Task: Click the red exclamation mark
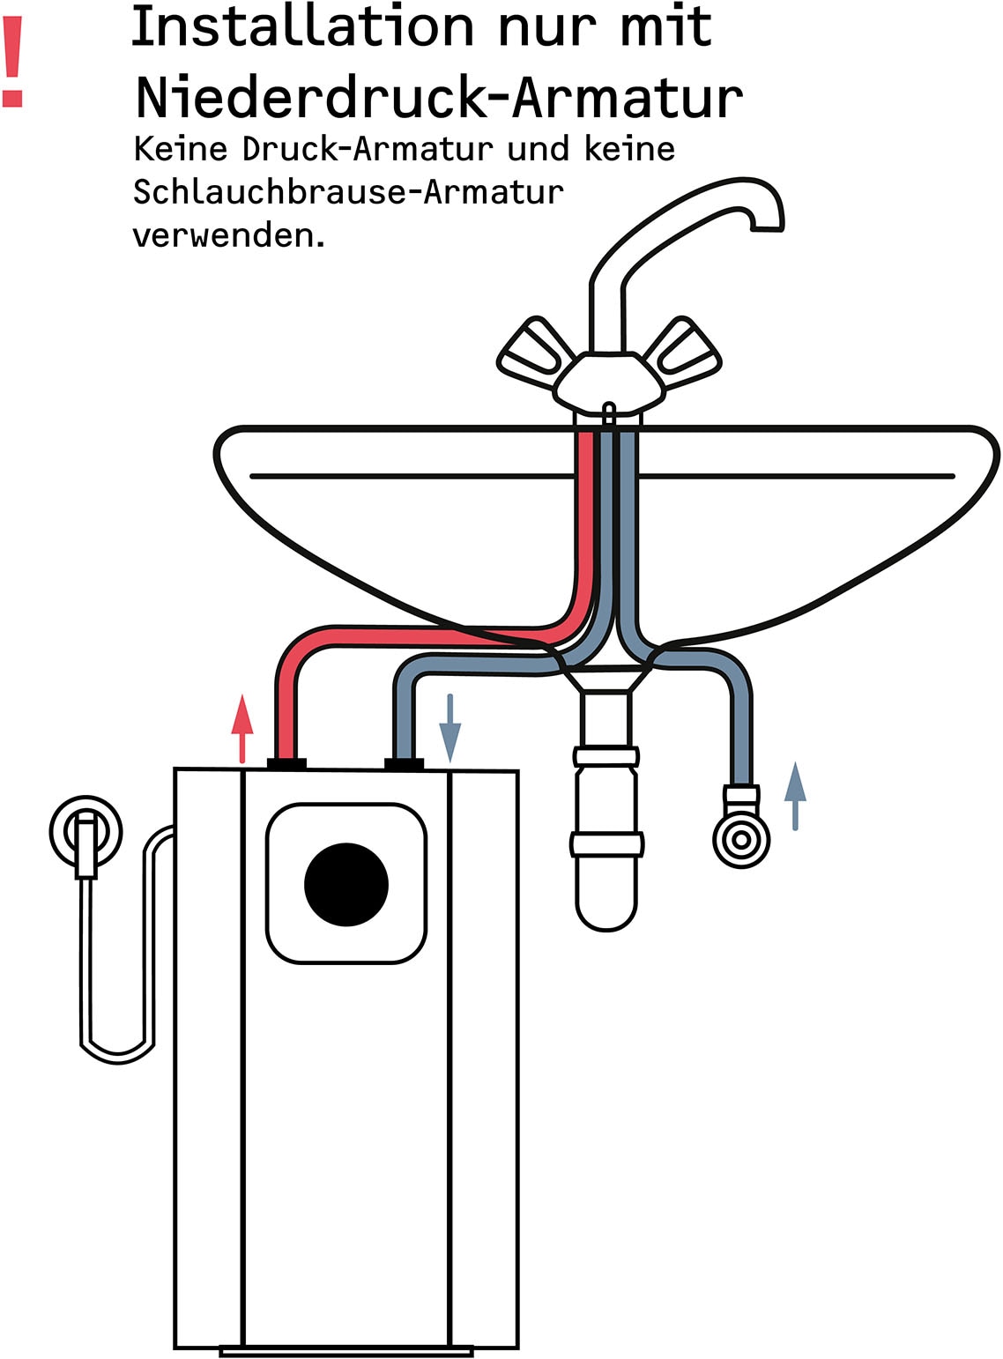(12, 63)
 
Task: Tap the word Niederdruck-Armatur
(439, 97)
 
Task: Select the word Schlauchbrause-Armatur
(348, 191)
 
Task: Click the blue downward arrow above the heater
(450, 727)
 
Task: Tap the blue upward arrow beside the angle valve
(795, 795)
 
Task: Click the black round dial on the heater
(346, 885)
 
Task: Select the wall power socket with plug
(85, 833)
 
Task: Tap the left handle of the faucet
(533, 353)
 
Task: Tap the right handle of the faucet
(686, 353)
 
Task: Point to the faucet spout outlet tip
(767, 228)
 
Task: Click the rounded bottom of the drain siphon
(606, 912)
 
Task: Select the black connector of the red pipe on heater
(286, 763)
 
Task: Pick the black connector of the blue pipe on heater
(404, 763)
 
